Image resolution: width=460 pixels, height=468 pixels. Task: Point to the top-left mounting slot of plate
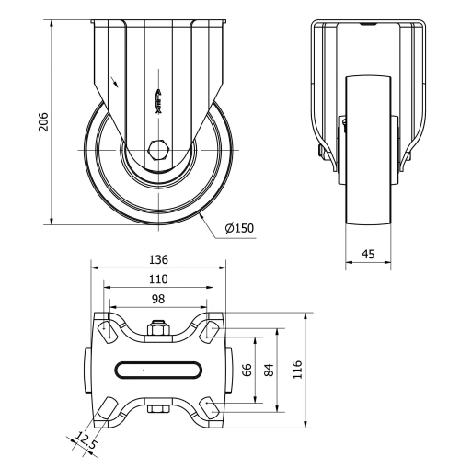[107, 329]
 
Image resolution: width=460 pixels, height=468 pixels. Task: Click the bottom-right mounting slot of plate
[210, 408]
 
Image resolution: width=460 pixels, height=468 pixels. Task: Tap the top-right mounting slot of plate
[210, 329]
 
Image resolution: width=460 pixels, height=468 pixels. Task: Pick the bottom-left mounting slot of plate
[107, 408]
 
